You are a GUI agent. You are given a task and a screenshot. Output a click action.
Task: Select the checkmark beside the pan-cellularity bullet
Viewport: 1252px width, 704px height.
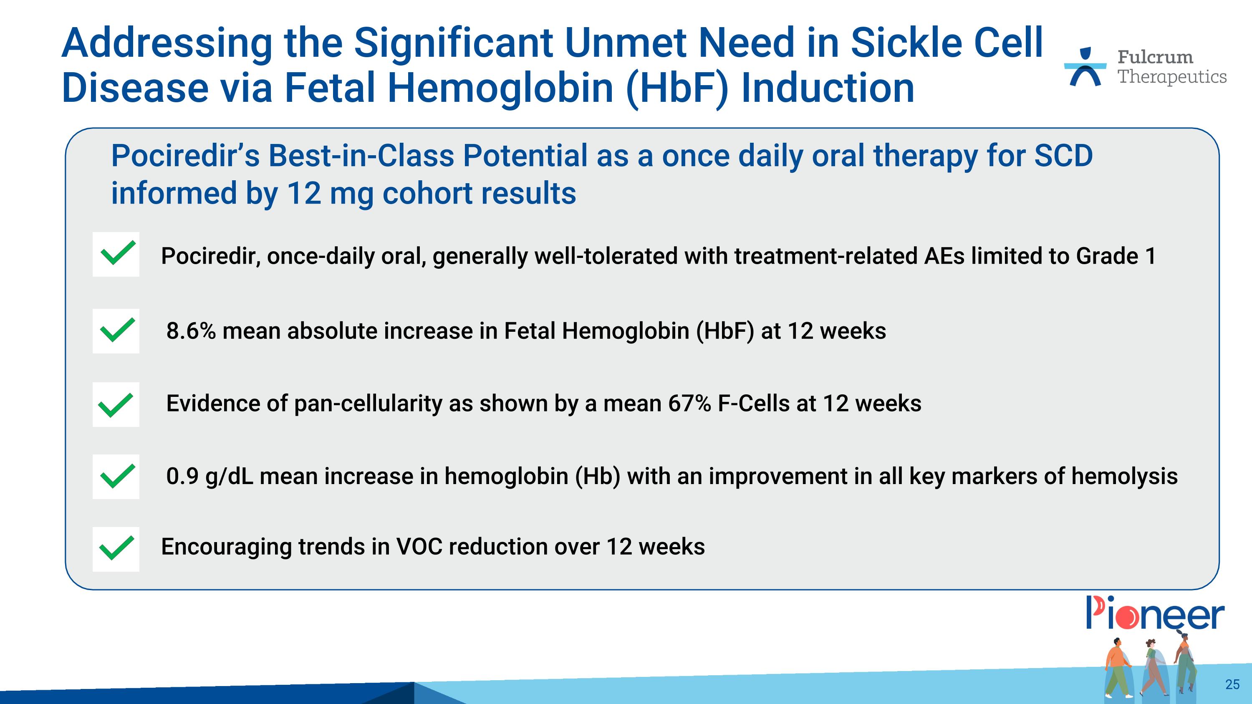coord(116,405)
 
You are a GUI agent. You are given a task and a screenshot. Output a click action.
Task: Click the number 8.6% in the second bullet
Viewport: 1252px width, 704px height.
coord(191,331)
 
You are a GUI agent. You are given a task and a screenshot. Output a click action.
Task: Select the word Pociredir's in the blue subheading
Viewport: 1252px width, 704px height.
coord(185,156)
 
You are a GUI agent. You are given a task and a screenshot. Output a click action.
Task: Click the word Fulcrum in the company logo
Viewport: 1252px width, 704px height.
coord(1155,57)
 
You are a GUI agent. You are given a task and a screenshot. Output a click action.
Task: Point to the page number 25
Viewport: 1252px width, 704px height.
coord(1232,684)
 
